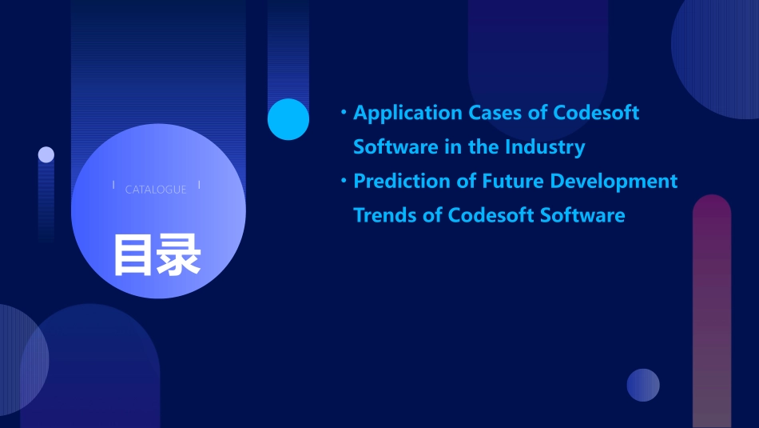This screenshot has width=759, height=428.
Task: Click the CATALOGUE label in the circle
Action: (156, 190)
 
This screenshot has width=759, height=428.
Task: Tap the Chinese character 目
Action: (133, 255)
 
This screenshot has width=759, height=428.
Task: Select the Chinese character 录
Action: (179, 255)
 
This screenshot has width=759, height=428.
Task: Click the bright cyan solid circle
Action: (288, 119)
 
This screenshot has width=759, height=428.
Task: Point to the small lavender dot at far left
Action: (46, 154)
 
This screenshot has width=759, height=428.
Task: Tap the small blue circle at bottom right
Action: (643, 385)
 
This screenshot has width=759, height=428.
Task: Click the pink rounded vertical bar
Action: (712, 312)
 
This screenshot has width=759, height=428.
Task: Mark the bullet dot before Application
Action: (344, 113)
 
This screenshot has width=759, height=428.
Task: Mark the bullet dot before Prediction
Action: (344, 181)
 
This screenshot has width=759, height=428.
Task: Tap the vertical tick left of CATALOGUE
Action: (113, 186)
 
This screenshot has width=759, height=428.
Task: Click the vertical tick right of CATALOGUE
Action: (199, 186)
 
